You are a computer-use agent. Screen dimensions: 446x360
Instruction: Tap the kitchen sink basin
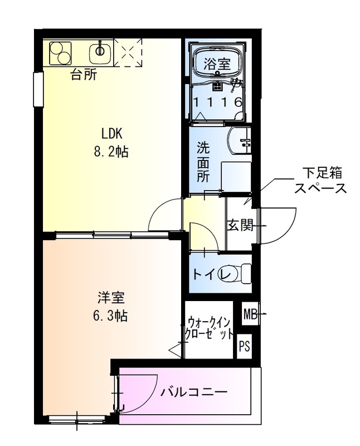coord(101,53)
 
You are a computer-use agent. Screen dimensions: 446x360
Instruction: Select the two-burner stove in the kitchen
coord(60,53)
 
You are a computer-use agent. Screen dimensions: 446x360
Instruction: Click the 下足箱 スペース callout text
coord(320,180)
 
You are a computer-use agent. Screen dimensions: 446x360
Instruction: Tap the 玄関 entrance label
coord(240,226)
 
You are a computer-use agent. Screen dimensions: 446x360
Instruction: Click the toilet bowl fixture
coord(240,274)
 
